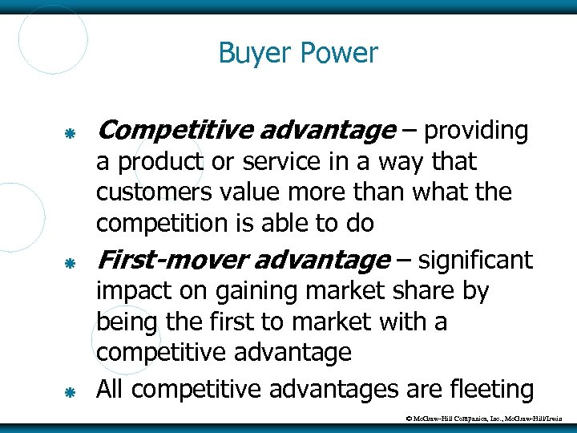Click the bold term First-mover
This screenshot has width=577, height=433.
tap(159, 260)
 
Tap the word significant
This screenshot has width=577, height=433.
tap(475, 260)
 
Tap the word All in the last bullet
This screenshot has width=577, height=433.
tap(111, 389)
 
